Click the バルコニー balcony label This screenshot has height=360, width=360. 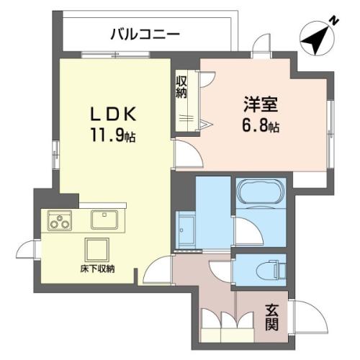[145, 35]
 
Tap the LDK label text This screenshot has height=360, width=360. [113, 114]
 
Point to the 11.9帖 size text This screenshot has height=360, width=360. [113, 135]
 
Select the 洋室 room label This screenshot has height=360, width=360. [261, 104]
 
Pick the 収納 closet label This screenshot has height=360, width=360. [181, 87]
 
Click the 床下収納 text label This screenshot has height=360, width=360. [97, 269]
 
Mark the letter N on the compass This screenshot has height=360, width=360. [333, 21]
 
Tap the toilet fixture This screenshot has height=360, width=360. [271, 270]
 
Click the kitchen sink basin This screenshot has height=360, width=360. [104, 220]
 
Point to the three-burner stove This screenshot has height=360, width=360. [60, 220]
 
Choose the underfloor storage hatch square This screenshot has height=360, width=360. [97, 250]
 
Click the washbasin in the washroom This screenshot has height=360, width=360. [185, 230]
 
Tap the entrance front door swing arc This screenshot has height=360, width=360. [316, 310]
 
